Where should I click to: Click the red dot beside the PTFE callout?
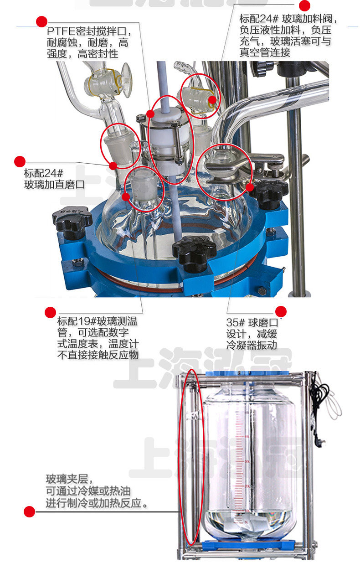42,21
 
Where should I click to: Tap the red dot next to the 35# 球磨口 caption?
281,311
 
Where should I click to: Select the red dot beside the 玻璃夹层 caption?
29,511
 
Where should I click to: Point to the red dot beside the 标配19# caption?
50,312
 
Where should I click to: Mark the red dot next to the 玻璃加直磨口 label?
20,161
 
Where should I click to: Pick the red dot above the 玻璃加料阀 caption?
304,5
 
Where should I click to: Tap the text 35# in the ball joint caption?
235,323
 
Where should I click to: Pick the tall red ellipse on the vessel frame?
190,460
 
